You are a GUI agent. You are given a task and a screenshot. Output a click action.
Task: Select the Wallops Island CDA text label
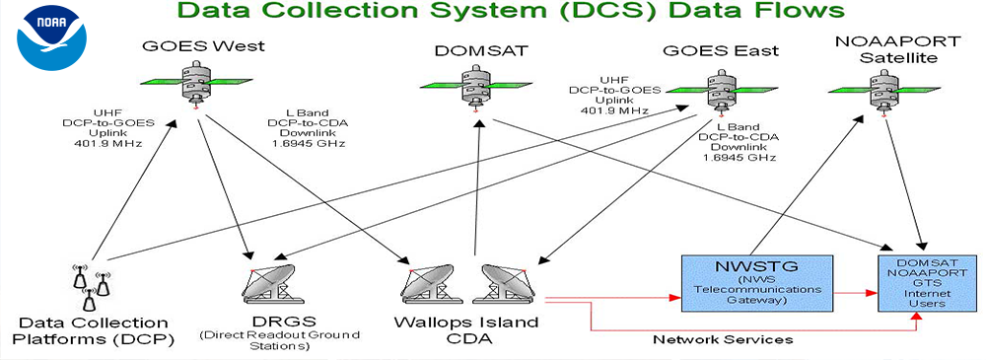tap(466, 331)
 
